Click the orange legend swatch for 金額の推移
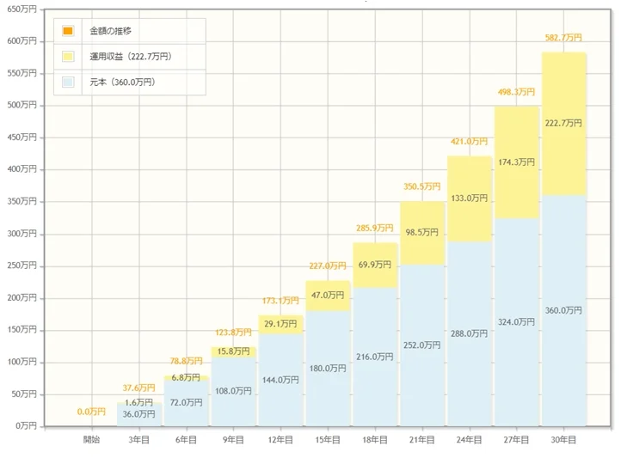[68, 32]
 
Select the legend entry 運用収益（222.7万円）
[130, 57]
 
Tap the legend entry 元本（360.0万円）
[122, 82]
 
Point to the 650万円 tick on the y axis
[22, 9]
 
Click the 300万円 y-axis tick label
[22, 234]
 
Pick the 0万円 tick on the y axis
[24, 426]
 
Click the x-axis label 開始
[91, 439]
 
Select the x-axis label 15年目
[328, 439]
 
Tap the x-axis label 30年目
[564, 439]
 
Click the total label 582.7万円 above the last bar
[563, 38]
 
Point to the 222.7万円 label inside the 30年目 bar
[563, 124]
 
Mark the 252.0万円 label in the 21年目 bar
[421, 345]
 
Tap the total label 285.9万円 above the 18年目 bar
[374, 229]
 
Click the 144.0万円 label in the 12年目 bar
[280, 379]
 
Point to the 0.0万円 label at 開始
[91, 412]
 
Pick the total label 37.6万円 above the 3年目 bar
[138, 388]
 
